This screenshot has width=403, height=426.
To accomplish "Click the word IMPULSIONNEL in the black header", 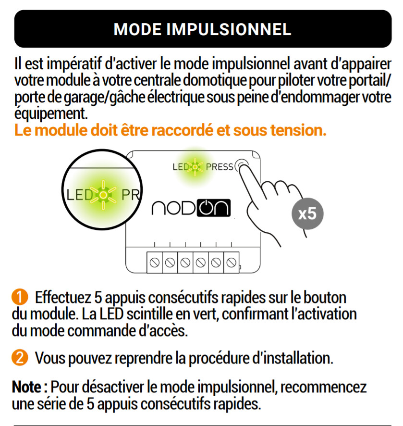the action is (229, 29).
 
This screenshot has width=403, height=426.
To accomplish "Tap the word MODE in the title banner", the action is (137, 29).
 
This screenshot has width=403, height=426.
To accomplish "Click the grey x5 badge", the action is (307, 213).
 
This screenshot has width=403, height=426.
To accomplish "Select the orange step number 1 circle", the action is (20, 297).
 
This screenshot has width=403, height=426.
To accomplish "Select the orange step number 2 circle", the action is (20, 358).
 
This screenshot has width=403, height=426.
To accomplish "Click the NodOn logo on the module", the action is (191, 208).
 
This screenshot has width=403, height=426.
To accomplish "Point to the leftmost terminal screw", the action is (154, 263).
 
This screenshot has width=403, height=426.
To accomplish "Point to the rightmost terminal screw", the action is (231, 263).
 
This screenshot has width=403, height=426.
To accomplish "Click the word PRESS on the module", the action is (220, 167).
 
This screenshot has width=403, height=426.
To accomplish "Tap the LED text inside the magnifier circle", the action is (80, 195).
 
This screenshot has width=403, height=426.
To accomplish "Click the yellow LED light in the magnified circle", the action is (103, 195).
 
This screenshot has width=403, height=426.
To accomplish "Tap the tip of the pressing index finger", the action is (244, 166).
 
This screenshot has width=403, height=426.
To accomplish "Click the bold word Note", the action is (26, 387).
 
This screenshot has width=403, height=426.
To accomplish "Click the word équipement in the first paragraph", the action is (51, 113).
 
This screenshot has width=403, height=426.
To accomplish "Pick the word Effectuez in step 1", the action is (63, 297).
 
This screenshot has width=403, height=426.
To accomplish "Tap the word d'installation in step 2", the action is (293, 358).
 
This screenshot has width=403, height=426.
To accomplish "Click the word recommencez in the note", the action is (323, 387).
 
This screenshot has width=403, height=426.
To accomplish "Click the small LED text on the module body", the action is (181, 167).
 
